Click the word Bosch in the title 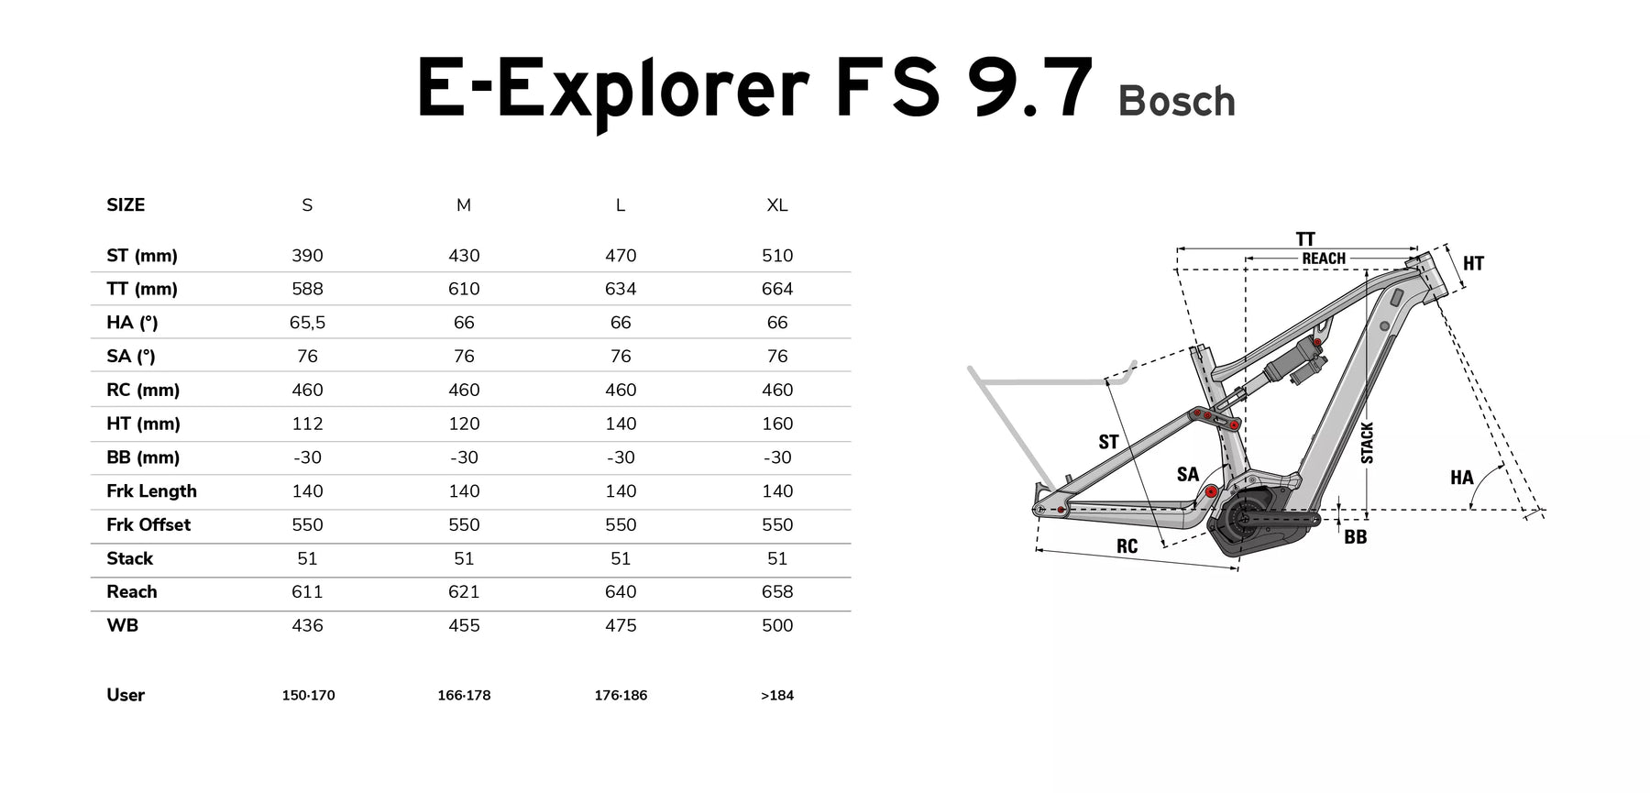1177,102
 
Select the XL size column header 777,205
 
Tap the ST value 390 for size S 307,256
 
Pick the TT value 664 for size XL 777,289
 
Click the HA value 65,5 307,323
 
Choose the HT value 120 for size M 464,424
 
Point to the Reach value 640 621,592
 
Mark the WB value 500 777,626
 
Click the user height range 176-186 621,696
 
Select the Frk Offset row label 148,525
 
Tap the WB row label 122,626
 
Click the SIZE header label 126,205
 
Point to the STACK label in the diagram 1367,443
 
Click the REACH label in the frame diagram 1324,259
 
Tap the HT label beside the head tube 1473,264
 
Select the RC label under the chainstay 1127,546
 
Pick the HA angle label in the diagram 1462,478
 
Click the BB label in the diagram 1356,537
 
